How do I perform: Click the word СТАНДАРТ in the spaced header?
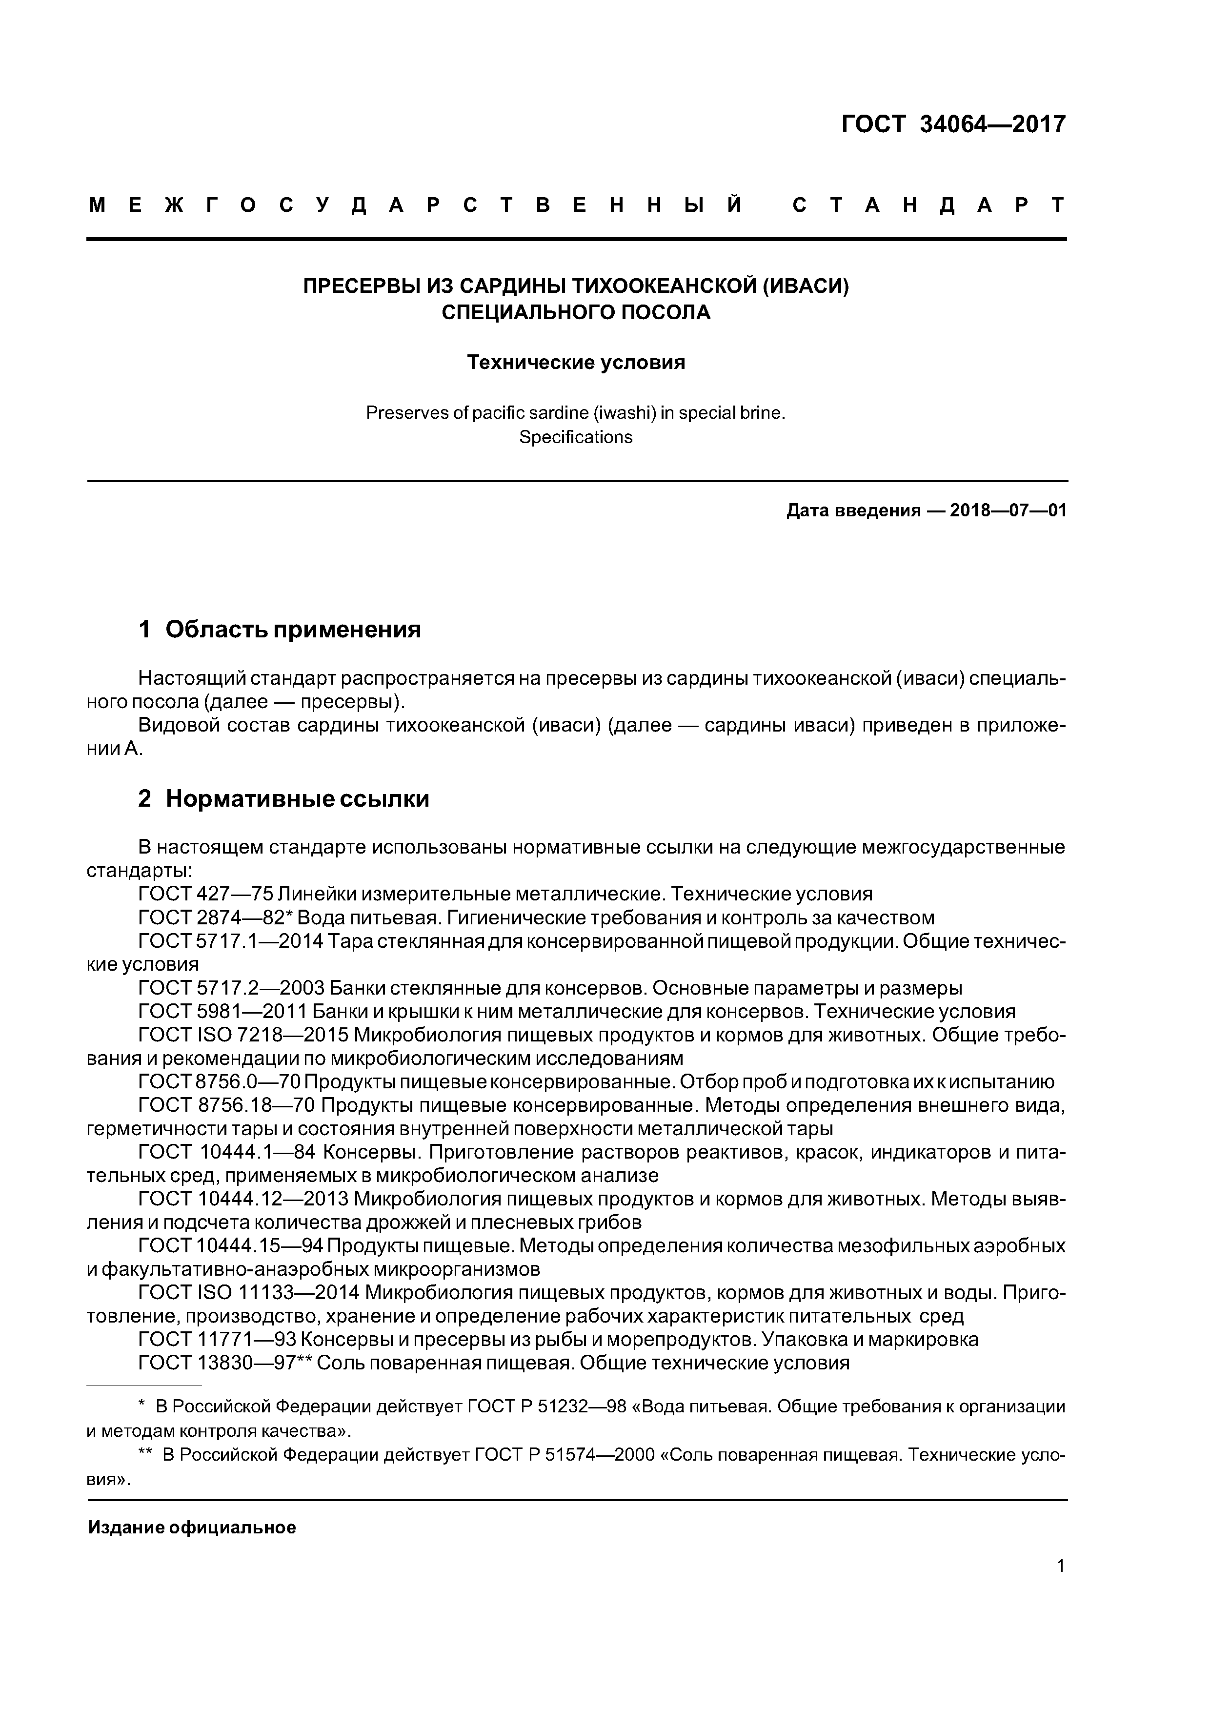coord(928,205)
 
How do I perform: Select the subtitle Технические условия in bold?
coord(576,363)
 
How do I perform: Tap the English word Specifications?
coord(576,437)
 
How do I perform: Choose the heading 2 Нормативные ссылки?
coord(283,798)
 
